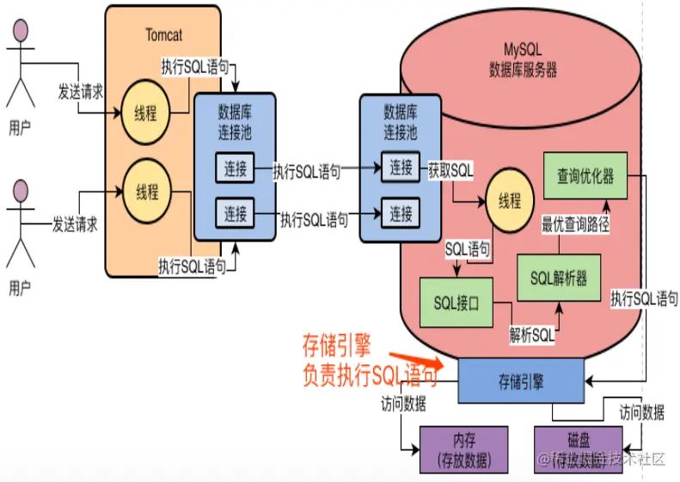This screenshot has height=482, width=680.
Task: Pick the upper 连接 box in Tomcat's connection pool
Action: [x=236, y=169]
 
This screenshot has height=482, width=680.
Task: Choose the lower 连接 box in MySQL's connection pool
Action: [x=400, y=212]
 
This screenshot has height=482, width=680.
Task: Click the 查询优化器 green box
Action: [x=585, y=175]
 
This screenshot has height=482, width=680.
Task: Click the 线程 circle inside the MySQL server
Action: [x=509, y=201]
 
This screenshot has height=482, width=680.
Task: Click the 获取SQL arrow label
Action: [x=450, y=170]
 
